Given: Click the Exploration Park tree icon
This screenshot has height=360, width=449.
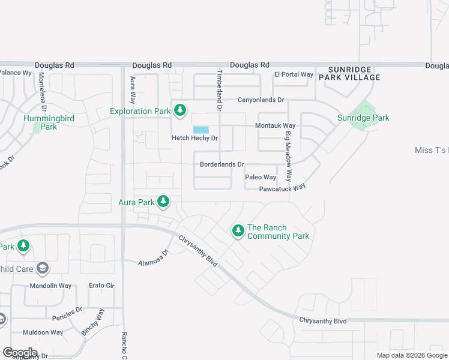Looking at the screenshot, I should [x=179, y=110].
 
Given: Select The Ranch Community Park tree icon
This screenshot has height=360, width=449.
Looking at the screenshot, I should [x=238, y=230].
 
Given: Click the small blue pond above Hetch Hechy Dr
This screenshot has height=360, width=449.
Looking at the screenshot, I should [x=200, y=130].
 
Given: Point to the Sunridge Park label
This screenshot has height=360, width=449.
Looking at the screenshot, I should [x=363, y=118].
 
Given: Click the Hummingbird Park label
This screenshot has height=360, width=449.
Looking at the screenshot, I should [x=49, y=122].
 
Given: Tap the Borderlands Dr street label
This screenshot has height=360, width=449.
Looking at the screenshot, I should [x=221, y=164].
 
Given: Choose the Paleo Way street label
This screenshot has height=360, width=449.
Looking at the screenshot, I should [x=261, y=177].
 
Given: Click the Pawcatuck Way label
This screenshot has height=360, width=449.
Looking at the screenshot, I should [x=282, y=187].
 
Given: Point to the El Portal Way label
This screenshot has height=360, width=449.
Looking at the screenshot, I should [x=294, y=74].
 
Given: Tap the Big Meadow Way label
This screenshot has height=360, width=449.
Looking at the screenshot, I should [x=289, y=157].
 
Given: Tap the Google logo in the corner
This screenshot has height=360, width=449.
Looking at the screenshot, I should [x=20, y=352].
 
